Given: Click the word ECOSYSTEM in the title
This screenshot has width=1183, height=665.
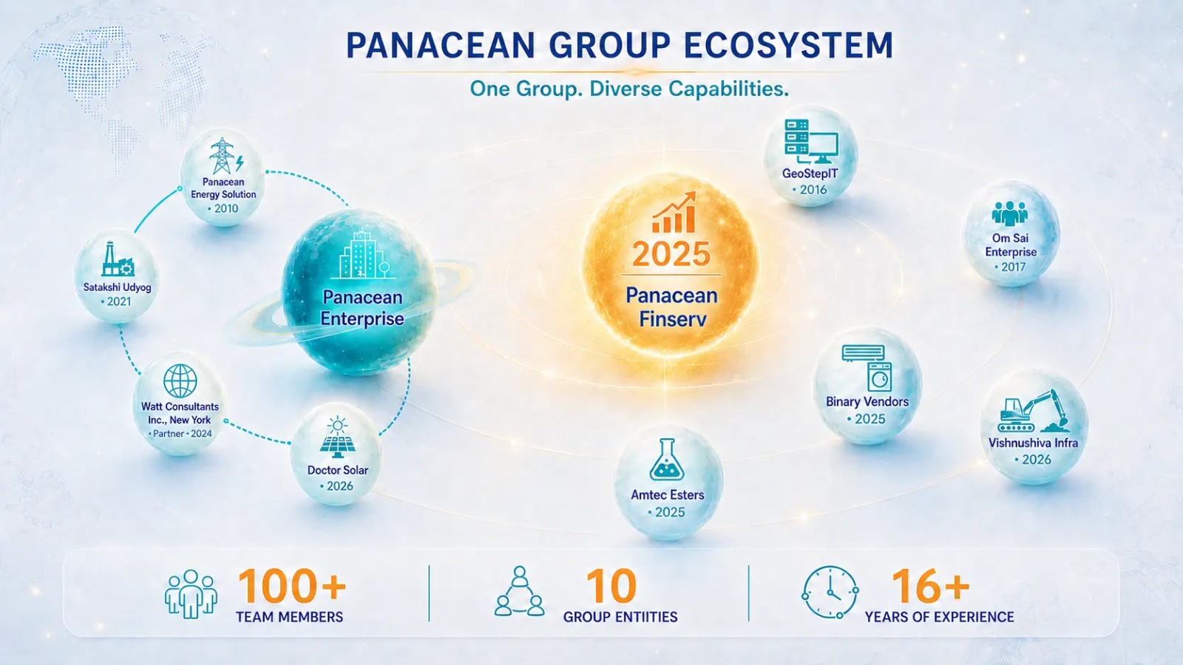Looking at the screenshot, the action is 788,45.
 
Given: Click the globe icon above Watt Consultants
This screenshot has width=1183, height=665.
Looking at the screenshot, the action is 180,381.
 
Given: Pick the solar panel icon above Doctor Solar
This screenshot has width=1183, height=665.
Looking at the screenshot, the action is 337,438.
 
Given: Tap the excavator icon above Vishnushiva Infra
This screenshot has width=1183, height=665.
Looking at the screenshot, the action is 1032,412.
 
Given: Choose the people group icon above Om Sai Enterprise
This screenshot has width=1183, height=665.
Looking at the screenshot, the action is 1010,214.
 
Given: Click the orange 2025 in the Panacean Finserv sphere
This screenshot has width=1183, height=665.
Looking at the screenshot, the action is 671,254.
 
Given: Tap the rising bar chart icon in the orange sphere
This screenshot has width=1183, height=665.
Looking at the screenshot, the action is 674,212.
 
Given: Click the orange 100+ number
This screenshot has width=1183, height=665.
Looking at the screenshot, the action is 292,587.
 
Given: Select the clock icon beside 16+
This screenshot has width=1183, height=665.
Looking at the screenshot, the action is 830,593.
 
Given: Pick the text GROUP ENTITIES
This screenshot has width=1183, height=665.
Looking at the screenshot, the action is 620,617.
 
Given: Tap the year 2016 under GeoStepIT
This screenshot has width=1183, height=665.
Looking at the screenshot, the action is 813,189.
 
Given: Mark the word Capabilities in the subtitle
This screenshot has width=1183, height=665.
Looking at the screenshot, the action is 729,89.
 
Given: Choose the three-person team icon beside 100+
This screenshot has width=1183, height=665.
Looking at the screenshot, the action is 191,594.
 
